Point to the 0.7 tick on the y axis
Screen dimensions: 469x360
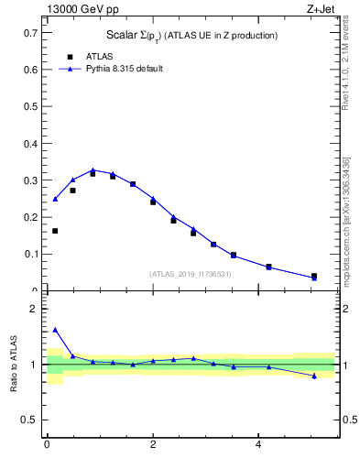[30, 33]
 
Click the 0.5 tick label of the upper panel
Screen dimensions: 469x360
[30, 106]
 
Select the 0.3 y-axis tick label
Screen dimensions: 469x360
[30, 180]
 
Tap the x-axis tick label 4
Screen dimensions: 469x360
[257, 444]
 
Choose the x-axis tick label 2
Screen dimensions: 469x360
[152, 444]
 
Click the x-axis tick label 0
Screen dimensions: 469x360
[47, 444]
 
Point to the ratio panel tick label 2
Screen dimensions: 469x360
[34, 310]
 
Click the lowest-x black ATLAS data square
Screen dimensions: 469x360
[55, 231]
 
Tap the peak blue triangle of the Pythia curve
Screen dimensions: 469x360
[93, 170]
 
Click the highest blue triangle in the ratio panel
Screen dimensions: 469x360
[55, 330]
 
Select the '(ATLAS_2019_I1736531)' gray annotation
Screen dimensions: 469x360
[190, 274]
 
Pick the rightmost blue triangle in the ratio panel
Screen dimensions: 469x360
[314, 376]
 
